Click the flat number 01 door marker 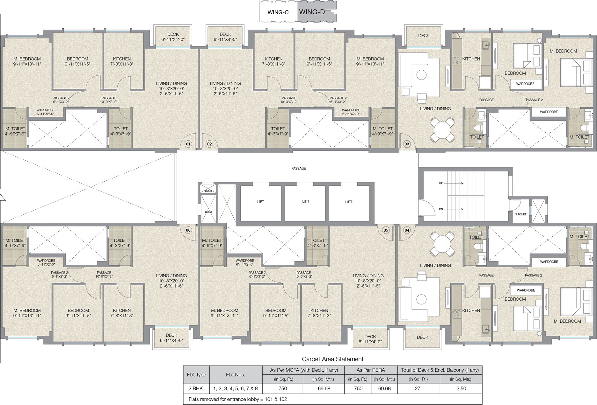click(188, 144)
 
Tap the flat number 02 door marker click(209, 144)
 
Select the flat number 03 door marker click(407, 144)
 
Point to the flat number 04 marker click(407, 230)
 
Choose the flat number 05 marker click(386, 230)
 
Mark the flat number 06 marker click(188, 230)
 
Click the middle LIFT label click(305, 201)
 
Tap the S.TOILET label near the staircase click(521, 214)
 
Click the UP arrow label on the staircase click(441, 183)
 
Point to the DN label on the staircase click(441, 209)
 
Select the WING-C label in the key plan click(278, 12)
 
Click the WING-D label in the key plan click(312, 12)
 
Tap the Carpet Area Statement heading click(332, 359)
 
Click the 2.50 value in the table click(461, 388)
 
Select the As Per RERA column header click(371, 370)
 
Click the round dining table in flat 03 click(442, 129)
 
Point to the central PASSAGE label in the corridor click(299, 168)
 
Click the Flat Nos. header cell click(236, 374)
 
